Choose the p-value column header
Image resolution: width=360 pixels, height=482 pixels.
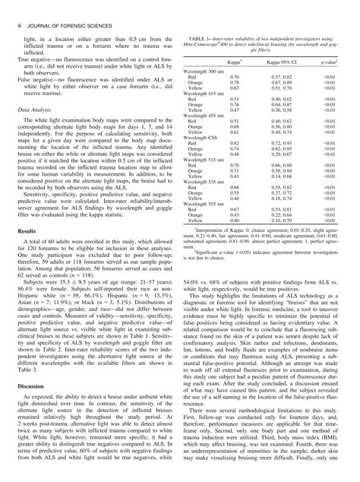tap(328, 58)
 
